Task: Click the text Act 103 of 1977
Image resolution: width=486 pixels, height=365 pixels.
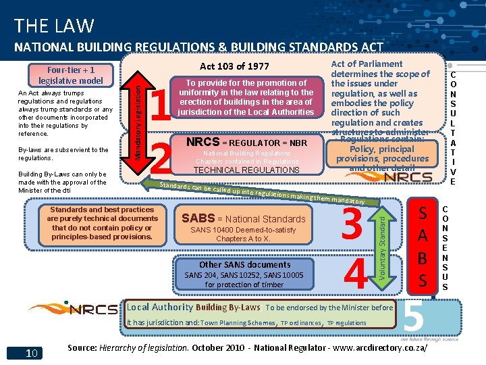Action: [x=234, y=66]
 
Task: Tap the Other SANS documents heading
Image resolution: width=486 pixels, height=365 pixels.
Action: [x=244, y=265]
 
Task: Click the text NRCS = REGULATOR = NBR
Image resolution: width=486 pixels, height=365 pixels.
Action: [x=246, y=143]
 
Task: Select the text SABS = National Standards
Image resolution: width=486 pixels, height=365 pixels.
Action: [x=243, y=219]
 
